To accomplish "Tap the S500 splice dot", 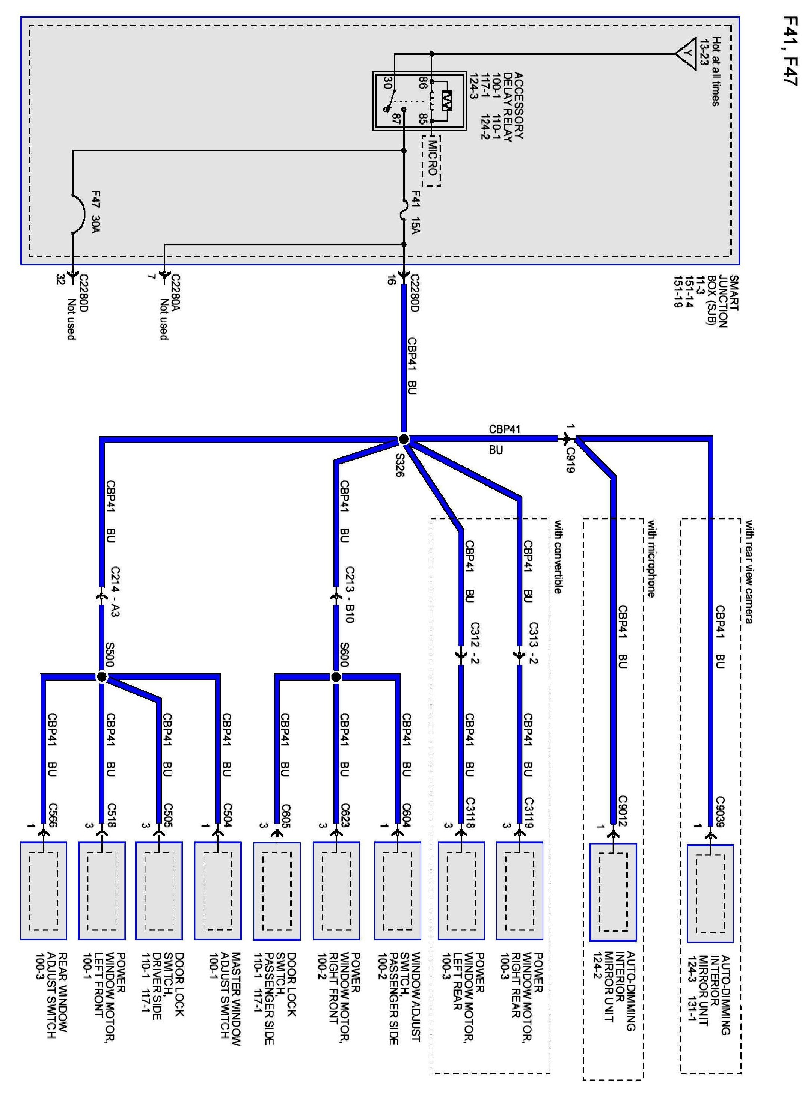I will pos(101,677).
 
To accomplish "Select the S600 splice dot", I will pos(336,677).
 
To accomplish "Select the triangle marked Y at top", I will pos(686,53).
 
